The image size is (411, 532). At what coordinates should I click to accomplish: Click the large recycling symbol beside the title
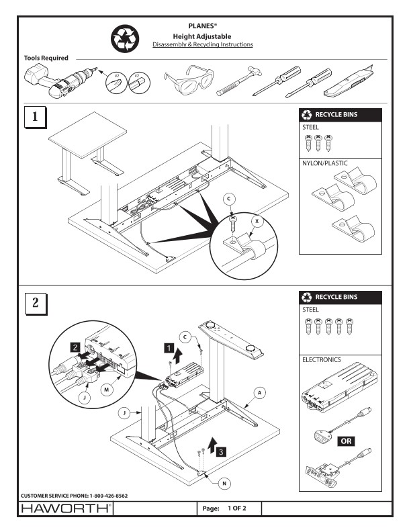125,39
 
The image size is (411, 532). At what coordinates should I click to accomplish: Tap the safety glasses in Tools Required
189,80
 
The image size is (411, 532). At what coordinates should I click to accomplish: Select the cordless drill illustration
60,81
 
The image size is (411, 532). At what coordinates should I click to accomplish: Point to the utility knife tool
349,81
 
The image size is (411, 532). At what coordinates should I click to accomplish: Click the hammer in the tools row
239,81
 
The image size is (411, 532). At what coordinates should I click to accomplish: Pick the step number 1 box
35,117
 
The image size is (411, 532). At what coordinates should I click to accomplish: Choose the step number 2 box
36,303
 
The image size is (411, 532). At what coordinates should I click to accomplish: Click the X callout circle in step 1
257,222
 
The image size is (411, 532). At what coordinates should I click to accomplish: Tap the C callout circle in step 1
229,199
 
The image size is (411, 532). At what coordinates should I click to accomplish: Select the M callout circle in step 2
107,390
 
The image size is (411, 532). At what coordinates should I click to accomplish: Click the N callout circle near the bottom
224,484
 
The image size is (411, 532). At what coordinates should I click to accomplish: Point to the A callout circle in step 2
260,393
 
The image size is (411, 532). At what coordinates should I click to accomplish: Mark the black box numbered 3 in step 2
221,451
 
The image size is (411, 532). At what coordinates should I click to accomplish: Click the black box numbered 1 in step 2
169,348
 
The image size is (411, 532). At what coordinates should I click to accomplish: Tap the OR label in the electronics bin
347,441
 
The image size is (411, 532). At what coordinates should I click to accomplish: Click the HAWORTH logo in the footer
66,508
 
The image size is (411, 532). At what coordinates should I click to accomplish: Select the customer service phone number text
75,496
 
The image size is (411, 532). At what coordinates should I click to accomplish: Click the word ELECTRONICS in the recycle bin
322,359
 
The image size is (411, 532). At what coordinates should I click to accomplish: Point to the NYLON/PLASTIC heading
325,163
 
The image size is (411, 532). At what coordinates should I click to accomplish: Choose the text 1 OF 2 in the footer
237,508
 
